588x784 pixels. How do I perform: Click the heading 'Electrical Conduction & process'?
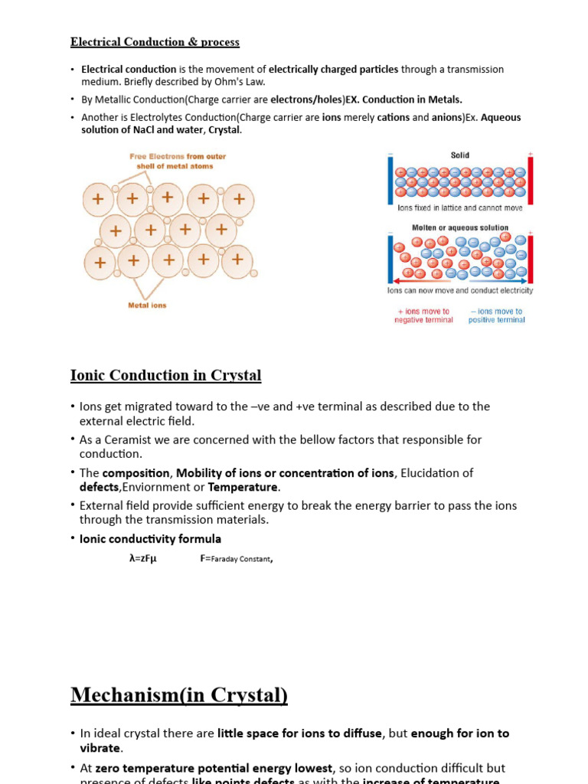(155, 42)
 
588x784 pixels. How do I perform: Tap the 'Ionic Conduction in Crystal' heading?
(165, 375)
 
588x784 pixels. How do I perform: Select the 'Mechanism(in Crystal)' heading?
(179, 694)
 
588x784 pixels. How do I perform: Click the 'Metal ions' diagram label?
(147, 305)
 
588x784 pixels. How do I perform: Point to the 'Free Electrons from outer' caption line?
(178, 156)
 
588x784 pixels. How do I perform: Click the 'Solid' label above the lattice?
(459, 155)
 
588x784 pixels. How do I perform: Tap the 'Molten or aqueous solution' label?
(460, 227)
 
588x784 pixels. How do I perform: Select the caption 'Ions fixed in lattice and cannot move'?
(460, 207)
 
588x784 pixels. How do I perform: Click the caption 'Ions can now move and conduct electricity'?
(460, 291)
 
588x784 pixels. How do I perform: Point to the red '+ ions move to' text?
(423, 312)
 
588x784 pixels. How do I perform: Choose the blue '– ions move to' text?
(496, 312)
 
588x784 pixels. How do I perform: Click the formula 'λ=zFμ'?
(143, 559)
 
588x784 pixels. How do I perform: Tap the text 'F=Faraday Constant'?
(236, 559)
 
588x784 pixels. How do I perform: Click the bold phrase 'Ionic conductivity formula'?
(150, 539)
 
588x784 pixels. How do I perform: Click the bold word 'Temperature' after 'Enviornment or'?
(242, 487)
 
